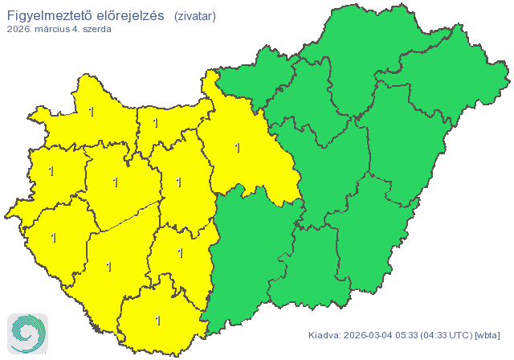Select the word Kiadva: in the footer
pyautogui.click(x=324, y=335)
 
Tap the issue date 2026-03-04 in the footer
pyautogui.click(x=372, y=335)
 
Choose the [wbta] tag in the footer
pyautogui.click(x=488, y=335)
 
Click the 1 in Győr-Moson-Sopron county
pyautogui.click(x=92, y=112)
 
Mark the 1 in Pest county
pyautogui.click(x=237, y=147)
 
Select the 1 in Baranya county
pyautogui.click(x=157, y=321)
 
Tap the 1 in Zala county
pyautogui.click(x=54, y=238)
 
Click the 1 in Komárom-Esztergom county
pyautogui.click(x=155, y=124)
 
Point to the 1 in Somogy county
pyautogui.click(x=109, y=266)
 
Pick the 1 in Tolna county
pyautogui.click(x=180, y=253)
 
